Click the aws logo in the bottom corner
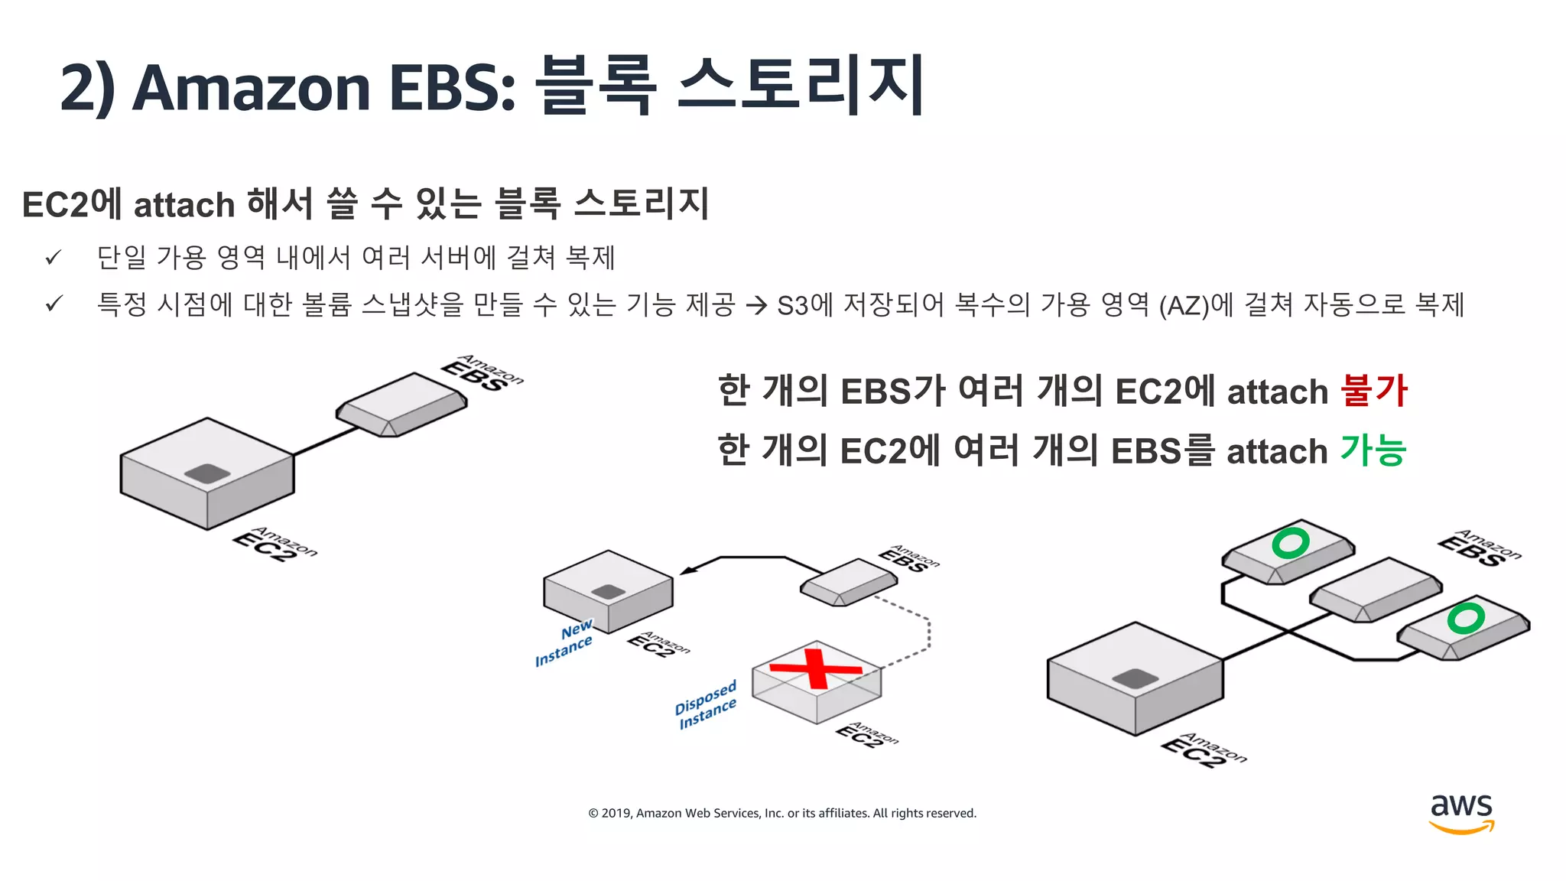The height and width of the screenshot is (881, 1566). [x=1461, y=813]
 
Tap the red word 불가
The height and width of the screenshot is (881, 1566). [x=1374, y=391]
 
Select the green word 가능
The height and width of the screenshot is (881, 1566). [x=1373, y=450]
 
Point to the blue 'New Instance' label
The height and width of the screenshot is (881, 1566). [x=565, y=642]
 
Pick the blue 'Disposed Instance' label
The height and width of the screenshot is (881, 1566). [x=706, y=704]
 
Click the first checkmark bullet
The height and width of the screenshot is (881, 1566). [x=53, y=258]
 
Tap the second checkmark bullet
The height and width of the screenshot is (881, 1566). [x=53, y=304]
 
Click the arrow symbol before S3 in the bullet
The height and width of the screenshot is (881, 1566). [x=756, y=306]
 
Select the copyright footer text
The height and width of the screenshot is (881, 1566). [x=781, y=813]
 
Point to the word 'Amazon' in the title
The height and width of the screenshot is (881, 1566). [x=252, y=87]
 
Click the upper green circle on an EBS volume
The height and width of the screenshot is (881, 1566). [x=1290, y=543]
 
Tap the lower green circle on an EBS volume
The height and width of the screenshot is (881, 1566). [x=1465, y=618]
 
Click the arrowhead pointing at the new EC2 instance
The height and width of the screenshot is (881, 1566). [x=687, y=570]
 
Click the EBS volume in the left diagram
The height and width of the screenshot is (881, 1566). [x=401, y=403]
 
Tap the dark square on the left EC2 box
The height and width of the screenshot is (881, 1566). [x=207, y=473]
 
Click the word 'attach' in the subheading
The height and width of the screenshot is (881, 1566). [x=184, y=205]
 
